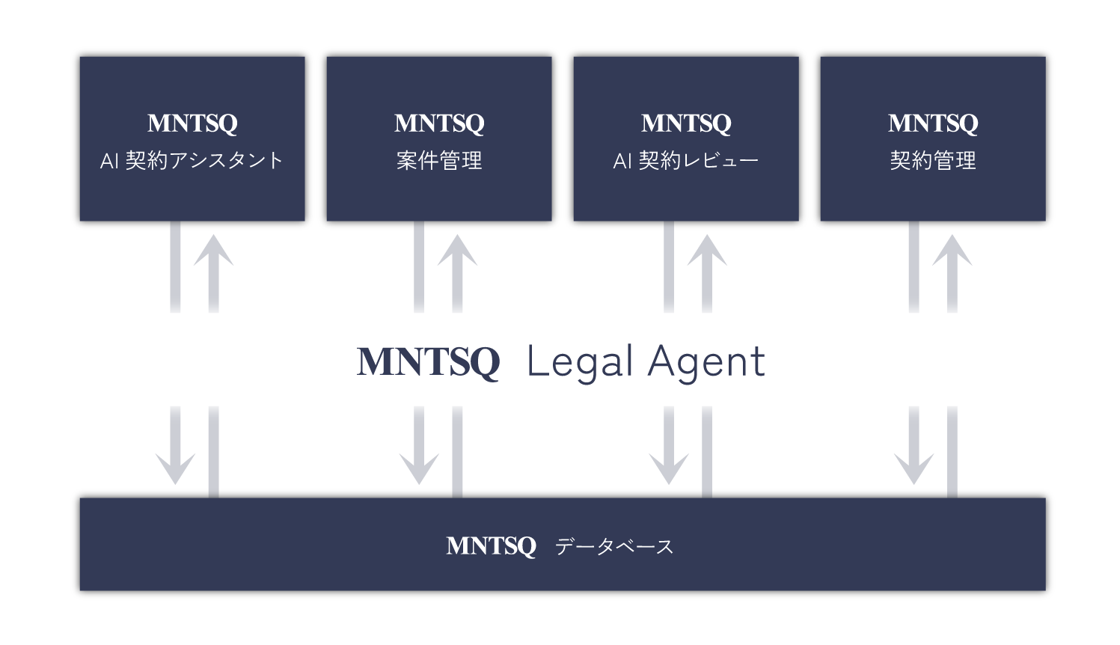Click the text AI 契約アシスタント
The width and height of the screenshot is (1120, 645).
[x=192, y=161]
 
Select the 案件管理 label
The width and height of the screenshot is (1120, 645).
[x=439, y=161]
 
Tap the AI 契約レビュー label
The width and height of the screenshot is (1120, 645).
[x=686, y=161]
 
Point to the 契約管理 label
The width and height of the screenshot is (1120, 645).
[x=933, y=161]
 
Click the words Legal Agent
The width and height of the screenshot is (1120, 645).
[x=646, y=362]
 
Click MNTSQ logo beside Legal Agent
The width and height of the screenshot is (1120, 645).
[x=428, y=363]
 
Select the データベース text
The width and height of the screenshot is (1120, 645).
[x=614, y=547]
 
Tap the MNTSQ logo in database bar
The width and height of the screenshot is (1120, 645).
[x=491, y=546]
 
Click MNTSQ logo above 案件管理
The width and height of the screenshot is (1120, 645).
[x=439, y=123]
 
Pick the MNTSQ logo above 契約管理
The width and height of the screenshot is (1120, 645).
[x=933, y=123]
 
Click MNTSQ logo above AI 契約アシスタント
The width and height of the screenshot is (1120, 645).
[x=192, y=123]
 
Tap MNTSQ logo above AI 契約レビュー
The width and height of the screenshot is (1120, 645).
[x=686, y=123]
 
